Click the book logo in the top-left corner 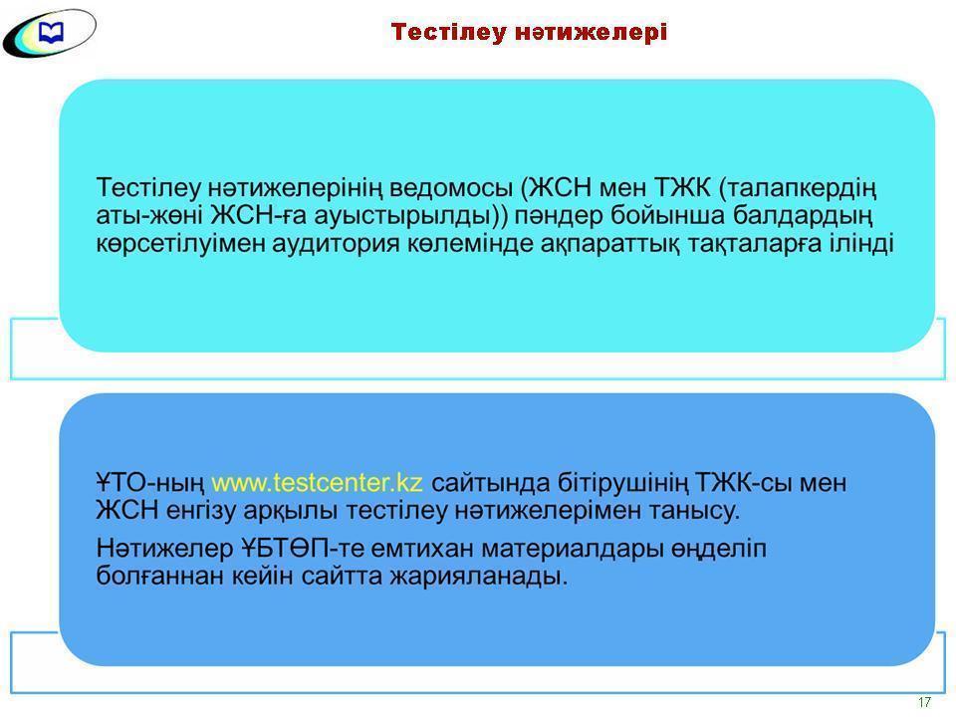coord(50,33)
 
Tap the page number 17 coord(924,702)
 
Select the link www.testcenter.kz coord(318,483)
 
